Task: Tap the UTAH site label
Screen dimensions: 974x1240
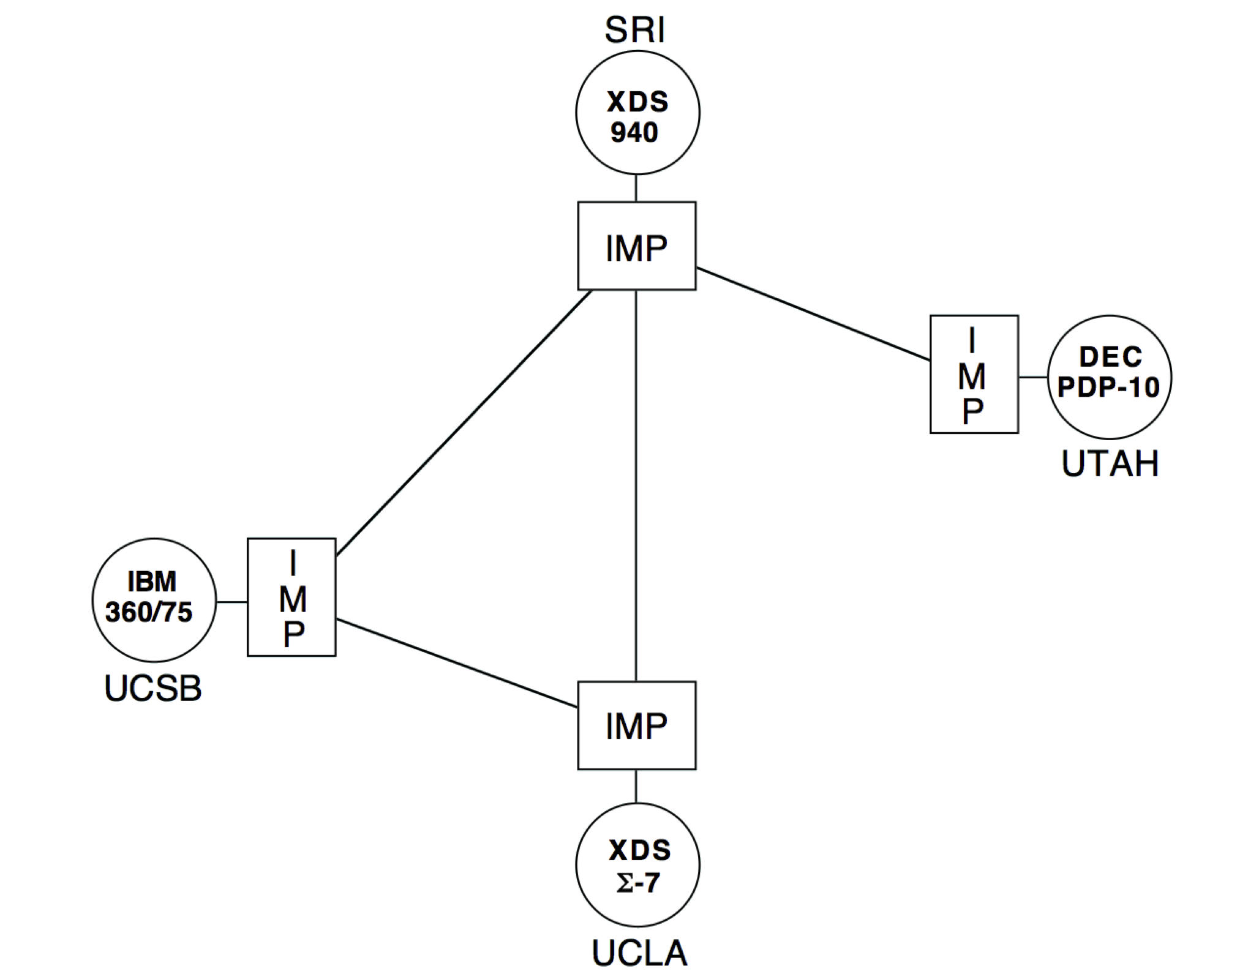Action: click(1110, 464)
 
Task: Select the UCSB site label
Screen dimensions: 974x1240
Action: click(153, 688)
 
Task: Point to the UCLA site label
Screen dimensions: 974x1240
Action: click(639, 953)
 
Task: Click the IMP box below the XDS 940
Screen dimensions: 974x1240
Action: click(637, 246)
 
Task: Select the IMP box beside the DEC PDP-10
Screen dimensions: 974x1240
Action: click(974, 375)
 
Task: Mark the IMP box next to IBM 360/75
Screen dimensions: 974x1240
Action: click(291, 598)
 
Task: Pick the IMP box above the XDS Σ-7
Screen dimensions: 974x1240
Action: click(637, 725)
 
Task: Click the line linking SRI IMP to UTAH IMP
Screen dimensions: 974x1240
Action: click(813, 314)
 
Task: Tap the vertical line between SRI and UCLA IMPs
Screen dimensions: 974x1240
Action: click(636, 484)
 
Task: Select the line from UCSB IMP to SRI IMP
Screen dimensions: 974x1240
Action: click(464, 423)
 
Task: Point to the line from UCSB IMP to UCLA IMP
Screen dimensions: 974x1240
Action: click(456, 664)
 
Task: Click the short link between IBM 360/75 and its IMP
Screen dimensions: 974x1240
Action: click(231, 602)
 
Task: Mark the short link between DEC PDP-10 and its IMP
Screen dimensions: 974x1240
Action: click(1033, 377)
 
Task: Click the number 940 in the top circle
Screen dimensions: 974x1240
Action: click(634, 133)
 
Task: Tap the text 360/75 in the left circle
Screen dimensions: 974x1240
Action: click(149, 612)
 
